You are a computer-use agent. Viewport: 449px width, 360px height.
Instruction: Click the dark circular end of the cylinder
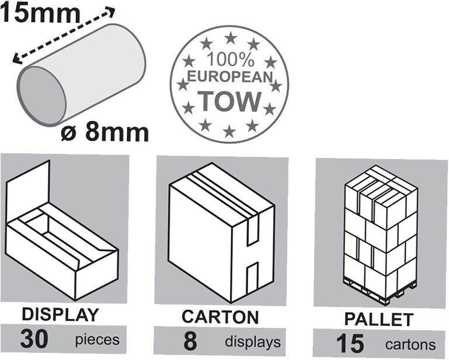(x=42, y=96)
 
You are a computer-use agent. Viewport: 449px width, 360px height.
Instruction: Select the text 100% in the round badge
(x=230, y=60)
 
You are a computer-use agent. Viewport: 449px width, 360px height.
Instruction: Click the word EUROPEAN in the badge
(x=229, y=77)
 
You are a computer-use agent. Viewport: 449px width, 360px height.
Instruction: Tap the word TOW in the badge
(x=229, y=102)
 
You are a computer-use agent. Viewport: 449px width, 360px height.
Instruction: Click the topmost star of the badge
(x=231, y=38)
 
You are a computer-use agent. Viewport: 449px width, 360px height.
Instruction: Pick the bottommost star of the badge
(x=229, y=131)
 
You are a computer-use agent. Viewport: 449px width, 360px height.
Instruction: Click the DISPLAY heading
(x=60, y=314)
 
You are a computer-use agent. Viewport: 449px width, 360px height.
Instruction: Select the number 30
(x=34, y=339)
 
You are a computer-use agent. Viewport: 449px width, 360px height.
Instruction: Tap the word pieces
(x=97, y=340)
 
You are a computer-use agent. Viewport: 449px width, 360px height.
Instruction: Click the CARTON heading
(x=220, y=317)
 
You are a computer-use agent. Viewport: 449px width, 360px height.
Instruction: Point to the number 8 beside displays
(x=190, y=341)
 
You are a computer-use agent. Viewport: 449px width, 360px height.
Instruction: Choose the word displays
(x=253, y=342)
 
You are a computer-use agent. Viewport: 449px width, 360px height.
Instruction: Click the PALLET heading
(x=378, y=319)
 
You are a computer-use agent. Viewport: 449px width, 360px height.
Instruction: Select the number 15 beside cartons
(x=350, y=343)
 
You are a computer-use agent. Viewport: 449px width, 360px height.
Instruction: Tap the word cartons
(x=410, y=344)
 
